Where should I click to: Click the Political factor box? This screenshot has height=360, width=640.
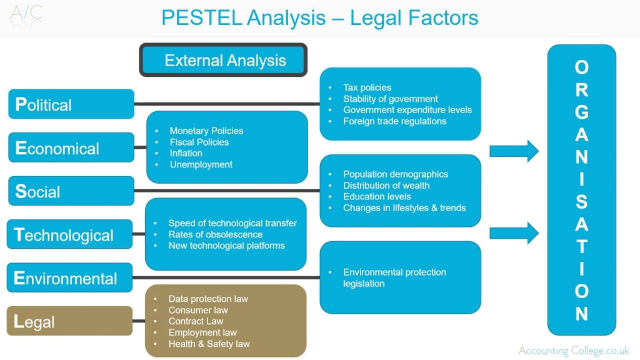click(71, 104)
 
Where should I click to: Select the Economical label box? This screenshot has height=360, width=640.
click(71, 148)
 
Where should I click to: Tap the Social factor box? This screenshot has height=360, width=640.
click(71, 191)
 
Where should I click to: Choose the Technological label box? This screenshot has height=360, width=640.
click(70, 234)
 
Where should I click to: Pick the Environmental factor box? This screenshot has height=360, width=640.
click(70, 278)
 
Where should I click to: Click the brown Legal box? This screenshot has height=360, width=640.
click(70, 321)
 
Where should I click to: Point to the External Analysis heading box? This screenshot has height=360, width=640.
click(224, 61)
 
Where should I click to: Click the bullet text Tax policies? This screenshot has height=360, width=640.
click(367, 87)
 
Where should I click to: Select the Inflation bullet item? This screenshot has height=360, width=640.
click(186, 153)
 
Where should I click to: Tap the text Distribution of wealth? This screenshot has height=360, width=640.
click(386, 186)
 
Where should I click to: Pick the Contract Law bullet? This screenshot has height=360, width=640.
click(196, 321)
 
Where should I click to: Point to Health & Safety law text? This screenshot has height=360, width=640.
click(209, 344)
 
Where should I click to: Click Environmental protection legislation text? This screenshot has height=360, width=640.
click(394, 277)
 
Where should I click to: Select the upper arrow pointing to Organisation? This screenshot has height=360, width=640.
click(513, 151)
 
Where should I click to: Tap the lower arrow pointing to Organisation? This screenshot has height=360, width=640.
click(513, 233)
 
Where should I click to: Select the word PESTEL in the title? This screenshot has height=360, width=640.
click(201, 17)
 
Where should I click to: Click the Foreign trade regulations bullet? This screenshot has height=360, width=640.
click(394, 121)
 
